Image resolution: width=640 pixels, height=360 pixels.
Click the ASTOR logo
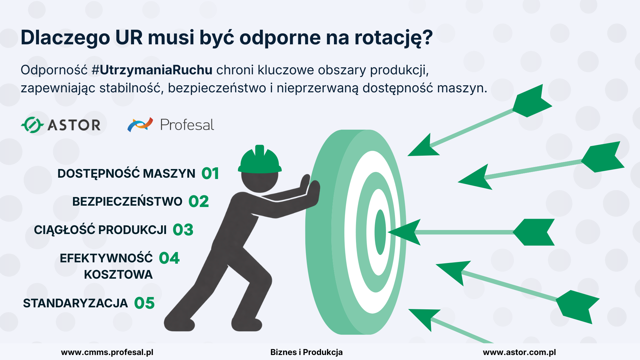pos(61,125)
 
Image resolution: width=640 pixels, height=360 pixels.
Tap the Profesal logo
pos(170,125)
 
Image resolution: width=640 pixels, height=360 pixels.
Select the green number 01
pos(210,174)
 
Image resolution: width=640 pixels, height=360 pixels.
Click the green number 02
pos(199,202)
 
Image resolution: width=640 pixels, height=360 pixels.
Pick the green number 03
pos(183,230)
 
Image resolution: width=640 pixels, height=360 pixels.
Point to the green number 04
pos(169,258)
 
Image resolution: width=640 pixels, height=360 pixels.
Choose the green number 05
pos(144,303)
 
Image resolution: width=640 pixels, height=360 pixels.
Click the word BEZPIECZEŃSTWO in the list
pos(127,202)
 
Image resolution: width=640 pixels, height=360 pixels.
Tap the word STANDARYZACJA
pos(75,303)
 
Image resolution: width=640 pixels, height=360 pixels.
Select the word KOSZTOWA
pos(118,275)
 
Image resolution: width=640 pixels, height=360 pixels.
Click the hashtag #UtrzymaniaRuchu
pos(152,70)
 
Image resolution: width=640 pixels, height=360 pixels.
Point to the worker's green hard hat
pos(260,160)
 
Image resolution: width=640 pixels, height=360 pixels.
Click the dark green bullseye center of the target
pos(380,232)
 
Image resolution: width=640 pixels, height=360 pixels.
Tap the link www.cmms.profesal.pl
pos(107,352)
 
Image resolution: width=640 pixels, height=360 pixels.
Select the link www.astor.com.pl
pos(519,352)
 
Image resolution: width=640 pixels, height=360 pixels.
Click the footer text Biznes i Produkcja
pos(306,352)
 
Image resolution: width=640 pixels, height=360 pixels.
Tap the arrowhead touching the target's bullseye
pos(404,232)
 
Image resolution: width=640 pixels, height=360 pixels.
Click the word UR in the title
pos(129,37)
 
